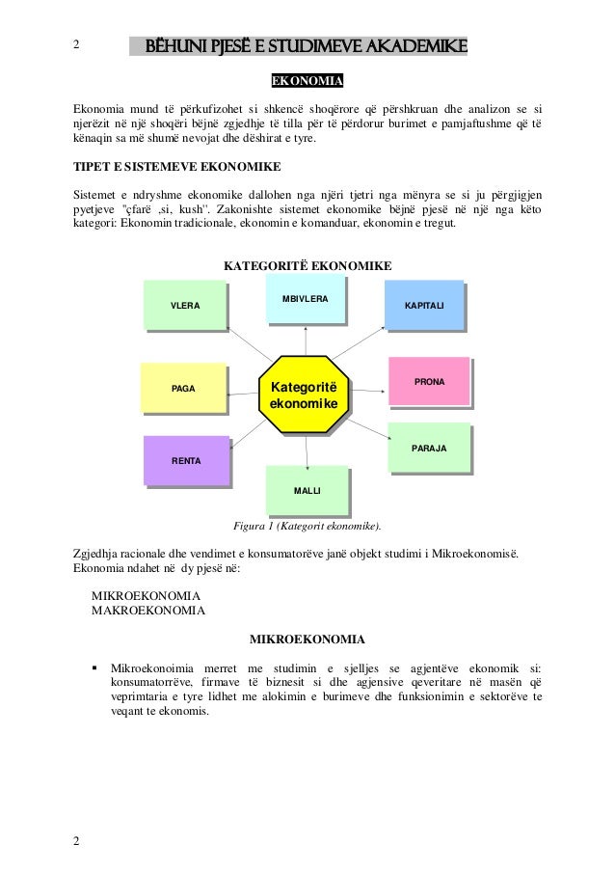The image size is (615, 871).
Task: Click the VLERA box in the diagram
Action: point(184,305)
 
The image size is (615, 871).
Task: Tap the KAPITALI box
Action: point(424,304)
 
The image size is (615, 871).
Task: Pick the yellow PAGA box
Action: point(182,388)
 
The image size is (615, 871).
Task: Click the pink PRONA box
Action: point(429,383)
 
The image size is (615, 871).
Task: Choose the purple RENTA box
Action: point(186,460)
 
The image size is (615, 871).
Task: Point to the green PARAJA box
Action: point(428,449)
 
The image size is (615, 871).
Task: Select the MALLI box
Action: point(307,491)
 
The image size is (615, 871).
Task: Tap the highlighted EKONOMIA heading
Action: point(307,79)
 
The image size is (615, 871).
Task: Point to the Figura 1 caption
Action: point(307,527)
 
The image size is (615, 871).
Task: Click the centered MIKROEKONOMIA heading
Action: point(307,639)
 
